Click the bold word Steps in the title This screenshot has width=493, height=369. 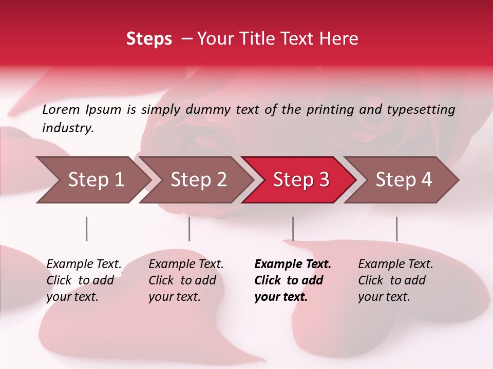[149, 39]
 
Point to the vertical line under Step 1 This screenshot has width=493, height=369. [86, 229]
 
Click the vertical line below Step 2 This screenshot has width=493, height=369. [189, 229]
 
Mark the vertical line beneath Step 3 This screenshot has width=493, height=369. [293, 229]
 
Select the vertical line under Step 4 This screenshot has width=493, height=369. [396, 229]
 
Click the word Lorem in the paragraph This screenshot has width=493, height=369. [61, 110]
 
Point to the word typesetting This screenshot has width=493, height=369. [421, 110]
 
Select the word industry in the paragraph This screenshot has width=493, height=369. [67, 128]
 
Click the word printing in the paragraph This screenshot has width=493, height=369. [330, 110]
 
